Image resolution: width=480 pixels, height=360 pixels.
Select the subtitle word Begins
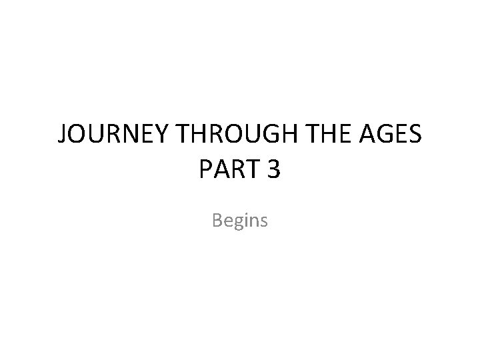click(240, 220)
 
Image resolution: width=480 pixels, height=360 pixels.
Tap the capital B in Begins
click(217, 219)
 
